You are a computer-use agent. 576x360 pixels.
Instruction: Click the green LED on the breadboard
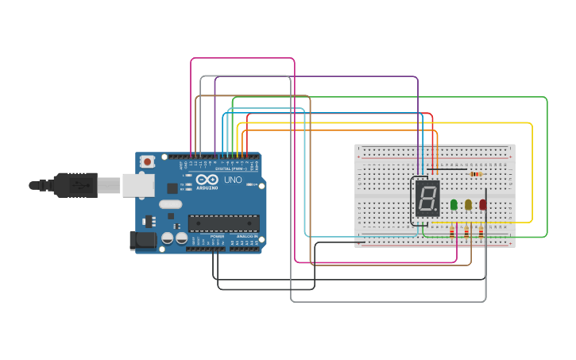click(x=454, y=204)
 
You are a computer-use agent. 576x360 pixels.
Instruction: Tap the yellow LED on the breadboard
click(x=468, y=204)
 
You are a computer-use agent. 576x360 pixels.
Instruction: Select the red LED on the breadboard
click(x=482, y=204)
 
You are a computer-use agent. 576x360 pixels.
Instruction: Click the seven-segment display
click(x=427, y=198)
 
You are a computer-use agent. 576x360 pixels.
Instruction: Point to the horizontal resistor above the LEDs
click(x=476, y=174)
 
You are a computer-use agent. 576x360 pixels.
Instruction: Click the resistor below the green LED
click(x=453, y=232)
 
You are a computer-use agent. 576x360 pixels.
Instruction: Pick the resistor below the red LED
click(x=481, y=232)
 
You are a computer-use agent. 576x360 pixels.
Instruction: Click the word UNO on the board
click(x=233, y=180)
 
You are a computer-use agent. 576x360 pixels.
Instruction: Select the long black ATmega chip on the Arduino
click(x=223, y=225)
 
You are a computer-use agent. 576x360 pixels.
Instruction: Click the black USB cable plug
click(x=75, y=184)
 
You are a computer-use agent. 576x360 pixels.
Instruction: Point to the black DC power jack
click(x=143, y=239)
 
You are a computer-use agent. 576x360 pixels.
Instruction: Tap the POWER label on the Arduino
click(x=217, y=237)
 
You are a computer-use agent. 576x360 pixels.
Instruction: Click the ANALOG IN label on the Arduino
click(x=247, y=237)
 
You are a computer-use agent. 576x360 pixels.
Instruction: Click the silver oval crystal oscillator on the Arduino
click(x=170, y=204)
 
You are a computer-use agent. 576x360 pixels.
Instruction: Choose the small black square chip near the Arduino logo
click(x=172, y=188)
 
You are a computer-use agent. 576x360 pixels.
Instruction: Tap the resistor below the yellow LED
click(x=467, y=232)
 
